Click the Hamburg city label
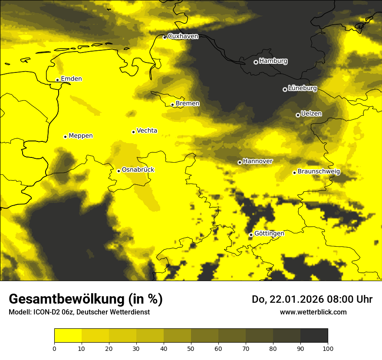click(273, 61)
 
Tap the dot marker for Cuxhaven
click(165, 37)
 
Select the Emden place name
click(71, 79)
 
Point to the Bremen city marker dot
click(172, 105)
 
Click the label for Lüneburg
click(302, 88)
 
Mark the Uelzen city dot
click(298, 115)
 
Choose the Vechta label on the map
click(147, 131)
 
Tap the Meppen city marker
click(65, 137)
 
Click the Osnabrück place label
click(138, 170)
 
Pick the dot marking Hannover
click(240, 162)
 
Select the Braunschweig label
click(319, 172)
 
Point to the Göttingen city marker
click(251, 235)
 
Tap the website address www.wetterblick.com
click(313, 312)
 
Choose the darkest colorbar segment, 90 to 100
click(314, 336)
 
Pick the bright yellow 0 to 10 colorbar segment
click(68, 336)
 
